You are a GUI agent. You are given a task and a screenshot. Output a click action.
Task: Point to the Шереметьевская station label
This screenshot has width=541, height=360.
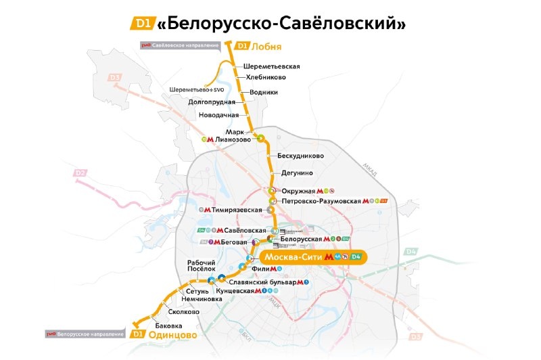(x=271, y=66)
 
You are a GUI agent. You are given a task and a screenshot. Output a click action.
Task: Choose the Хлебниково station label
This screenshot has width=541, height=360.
(x=266, y=78)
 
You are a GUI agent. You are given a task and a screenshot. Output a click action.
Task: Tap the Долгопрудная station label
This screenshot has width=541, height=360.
(x=212, y=102)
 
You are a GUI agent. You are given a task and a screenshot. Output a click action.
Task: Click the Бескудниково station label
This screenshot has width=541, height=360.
(x=302, y=156)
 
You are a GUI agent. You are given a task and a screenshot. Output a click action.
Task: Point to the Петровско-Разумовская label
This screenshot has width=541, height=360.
(x=321, y=201)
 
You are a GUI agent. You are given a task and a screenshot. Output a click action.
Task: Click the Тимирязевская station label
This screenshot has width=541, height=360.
(x=237, y=210)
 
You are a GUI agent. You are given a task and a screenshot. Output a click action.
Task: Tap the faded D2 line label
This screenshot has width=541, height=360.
(x=80, y=173)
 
